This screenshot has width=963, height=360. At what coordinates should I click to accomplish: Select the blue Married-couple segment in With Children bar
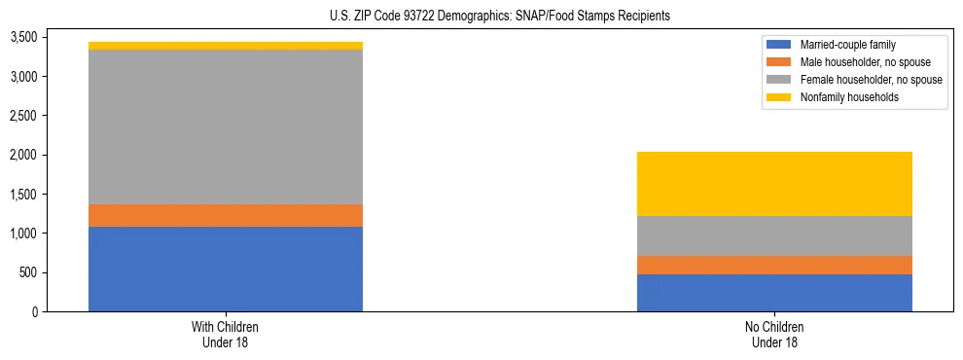(226, 269)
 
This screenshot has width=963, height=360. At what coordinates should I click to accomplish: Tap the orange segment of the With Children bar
(226, 215)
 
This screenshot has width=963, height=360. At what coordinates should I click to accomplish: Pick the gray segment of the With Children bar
(226, 126)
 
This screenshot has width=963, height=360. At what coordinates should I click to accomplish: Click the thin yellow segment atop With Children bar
(226, 46)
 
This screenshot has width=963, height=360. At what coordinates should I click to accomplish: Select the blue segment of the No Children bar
(774, 293)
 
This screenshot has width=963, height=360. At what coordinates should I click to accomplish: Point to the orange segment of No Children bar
(774, 265)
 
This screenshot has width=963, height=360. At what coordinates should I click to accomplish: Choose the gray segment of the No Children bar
(774, 235)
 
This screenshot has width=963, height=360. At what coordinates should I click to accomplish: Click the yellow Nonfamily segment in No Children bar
(774, 184)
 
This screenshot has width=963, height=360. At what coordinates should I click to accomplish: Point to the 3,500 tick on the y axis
(22, 37)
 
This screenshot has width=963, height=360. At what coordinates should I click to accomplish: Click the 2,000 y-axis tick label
(22, 155)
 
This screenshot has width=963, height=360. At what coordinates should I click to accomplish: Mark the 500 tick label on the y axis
(27, 272)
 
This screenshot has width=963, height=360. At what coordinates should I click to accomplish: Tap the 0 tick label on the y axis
(33, 311)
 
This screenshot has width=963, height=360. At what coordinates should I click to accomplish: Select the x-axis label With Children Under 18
(226, 334)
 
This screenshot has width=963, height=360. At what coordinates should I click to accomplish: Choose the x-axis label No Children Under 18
(774, 334)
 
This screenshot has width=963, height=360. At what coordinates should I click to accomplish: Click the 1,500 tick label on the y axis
(22, 194)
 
